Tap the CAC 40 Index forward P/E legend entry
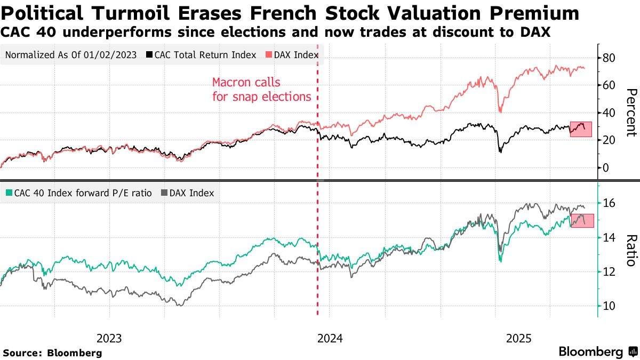point(80,193)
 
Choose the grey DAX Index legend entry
point(187,193)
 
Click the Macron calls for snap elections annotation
point(261,90)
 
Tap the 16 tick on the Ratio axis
point(609,203)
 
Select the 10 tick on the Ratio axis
point(609,306)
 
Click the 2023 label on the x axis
point(109,338)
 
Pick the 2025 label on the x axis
point(519,338)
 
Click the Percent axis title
point(631,113)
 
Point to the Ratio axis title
point(631,250)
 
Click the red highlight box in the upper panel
point(581,129)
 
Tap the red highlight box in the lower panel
point(582,220)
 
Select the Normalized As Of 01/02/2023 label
point(70,55)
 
